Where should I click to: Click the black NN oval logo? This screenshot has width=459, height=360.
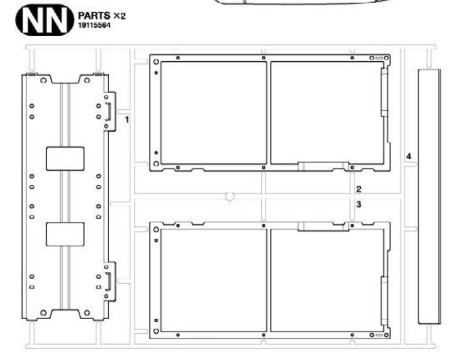pos(45,20)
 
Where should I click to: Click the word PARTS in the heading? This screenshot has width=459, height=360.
pos(94,16)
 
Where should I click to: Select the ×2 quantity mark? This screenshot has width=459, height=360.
pos(120,16)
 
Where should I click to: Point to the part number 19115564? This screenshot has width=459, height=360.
pos(94,25)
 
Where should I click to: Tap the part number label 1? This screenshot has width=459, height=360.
pos(127,120)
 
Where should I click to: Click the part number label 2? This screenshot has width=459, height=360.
pos(359,189)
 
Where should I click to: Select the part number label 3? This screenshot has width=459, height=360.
pos(359,204)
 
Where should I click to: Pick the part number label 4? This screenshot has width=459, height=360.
pos(409,156)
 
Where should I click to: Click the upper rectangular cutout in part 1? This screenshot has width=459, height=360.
pos(65,158)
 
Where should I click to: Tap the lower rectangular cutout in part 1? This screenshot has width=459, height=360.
pos(65,234)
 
